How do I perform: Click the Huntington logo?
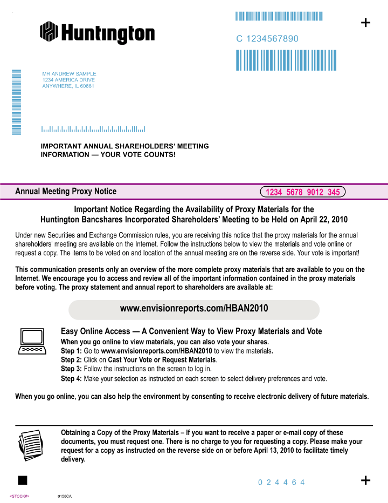[97, 32]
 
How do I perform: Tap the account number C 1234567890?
[267, 39]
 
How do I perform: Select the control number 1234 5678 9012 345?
[303, 192]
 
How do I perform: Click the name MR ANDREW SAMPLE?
[69, 73]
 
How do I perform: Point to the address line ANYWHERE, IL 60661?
[68, 86]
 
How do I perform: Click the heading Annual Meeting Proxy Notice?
[66, 191]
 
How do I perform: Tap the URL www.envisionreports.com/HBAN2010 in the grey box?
[194, 309]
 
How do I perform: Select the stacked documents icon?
[30, 444]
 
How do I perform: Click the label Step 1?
[72, 351]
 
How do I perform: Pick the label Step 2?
[72, 360]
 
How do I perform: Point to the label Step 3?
[72, 369]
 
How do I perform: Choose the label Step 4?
[72, 379]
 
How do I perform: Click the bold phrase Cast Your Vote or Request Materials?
[162, 360]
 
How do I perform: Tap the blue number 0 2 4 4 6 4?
[281, 482]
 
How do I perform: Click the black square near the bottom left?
[22, 480]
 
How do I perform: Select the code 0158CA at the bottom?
[65, 496]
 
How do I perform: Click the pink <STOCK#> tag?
[19, 496]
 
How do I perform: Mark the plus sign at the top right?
[365, 23]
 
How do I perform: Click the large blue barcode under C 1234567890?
[286, 60]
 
